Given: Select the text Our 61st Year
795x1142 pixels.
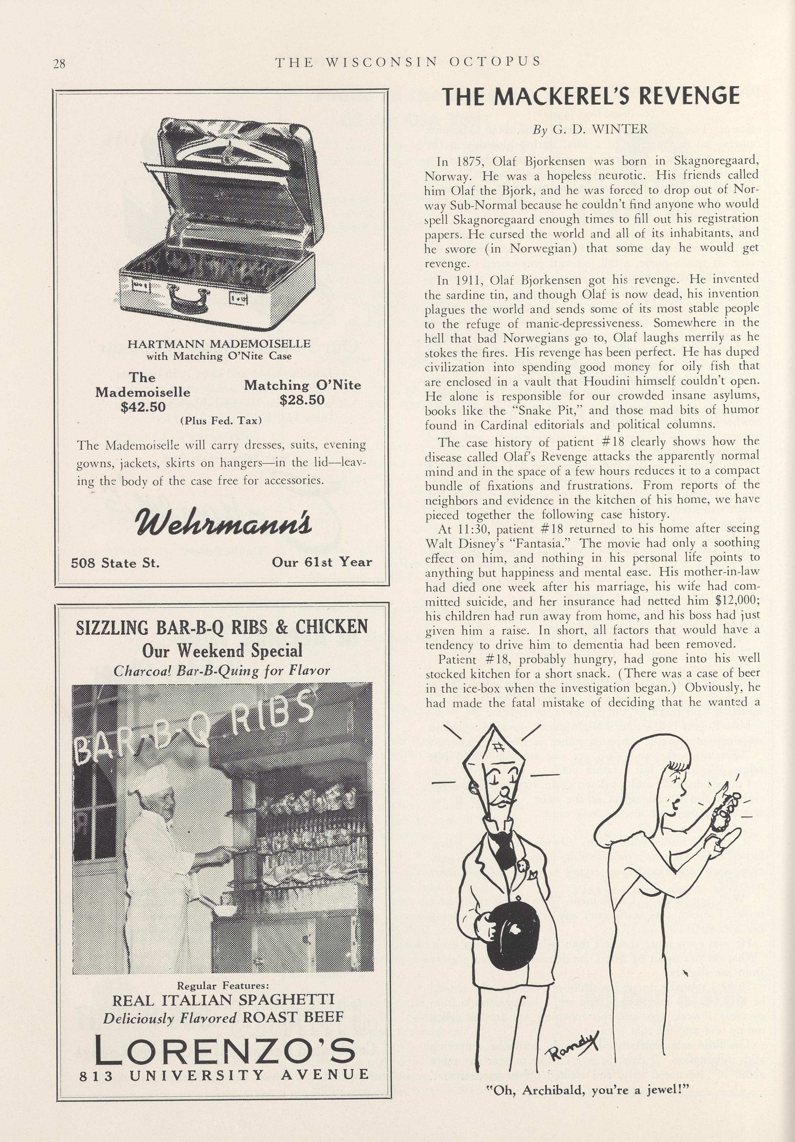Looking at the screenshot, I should pyautogui.click(x=322, y=562).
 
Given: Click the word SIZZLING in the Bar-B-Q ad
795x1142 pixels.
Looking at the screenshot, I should pyautogui.click(x=112, y=627).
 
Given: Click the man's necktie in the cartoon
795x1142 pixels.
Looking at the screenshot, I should pyautogui.click(x=505, y=846).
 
